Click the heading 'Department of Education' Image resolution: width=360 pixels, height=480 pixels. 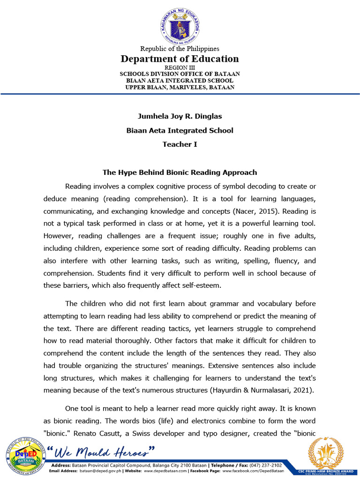(x=180, y=59)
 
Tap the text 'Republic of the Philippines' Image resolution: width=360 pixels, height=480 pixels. (x=180, y=49)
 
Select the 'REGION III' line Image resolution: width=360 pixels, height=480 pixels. (x=180, y=67)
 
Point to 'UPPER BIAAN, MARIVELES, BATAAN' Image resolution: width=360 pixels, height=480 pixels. (x=180, y=87)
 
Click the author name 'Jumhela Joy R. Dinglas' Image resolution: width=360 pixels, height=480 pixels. (x=180, y=116)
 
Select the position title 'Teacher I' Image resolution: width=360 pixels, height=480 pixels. (x=180, y=144)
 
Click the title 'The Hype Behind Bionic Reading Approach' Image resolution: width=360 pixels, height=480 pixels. (x=180, y=172)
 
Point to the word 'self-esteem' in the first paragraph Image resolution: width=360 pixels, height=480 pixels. (x=204, y=285)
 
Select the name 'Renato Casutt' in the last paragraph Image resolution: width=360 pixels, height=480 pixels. (x=114, y=434)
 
